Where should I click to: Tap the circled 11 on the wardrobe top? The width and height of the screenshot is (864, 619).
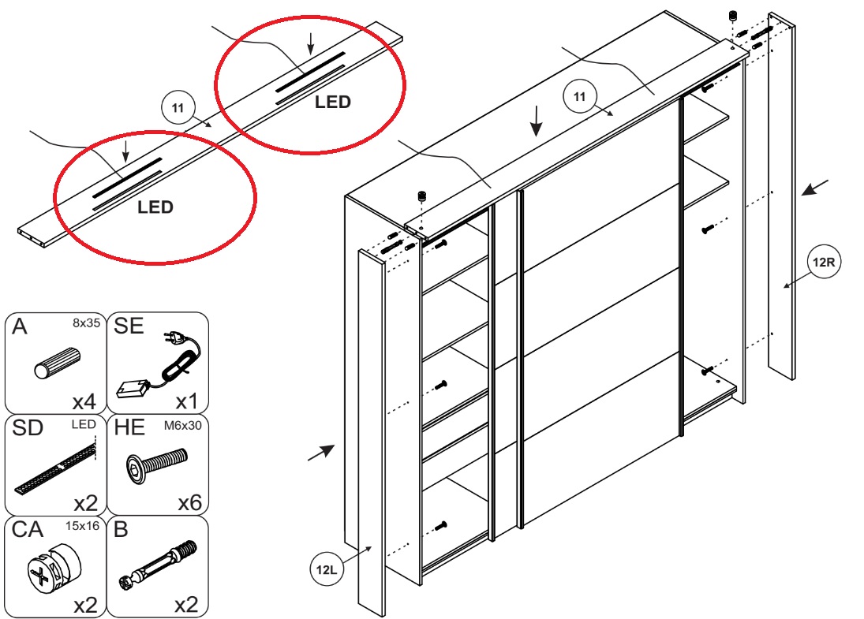point(580,98)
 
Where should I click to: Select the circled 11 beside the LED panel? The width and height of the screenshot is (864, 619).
point(178,107)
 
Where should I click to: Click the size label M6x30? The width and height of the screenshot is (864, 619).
point(182,425)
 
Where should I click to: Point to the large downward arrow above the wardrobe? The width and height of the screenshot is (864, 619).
point(536,120)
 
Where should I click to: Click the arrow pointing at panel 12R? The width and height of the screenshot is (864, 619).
point(816,188)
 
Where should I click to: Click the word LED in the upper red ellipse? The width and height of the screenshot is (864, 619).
point(332,102)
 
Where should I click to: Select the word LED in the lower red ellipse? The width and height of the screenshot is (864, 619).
point(155,208)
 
